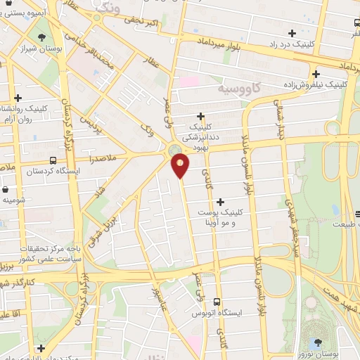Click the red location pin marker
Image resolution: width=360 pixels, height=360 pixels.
[x=181, y=166]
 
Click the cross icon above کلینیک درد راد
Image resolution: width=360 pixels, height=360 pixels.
[x=292, y=32]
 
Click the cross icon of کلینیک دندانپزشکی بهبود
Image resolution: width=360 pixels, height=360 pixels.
[x=200, y=116]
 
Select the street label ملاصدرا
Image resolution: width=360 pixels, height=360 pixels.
[x=102, y=160]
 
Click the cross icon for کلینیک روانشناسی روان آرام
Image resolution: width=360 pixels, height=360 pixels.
[x=18, y=98]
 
